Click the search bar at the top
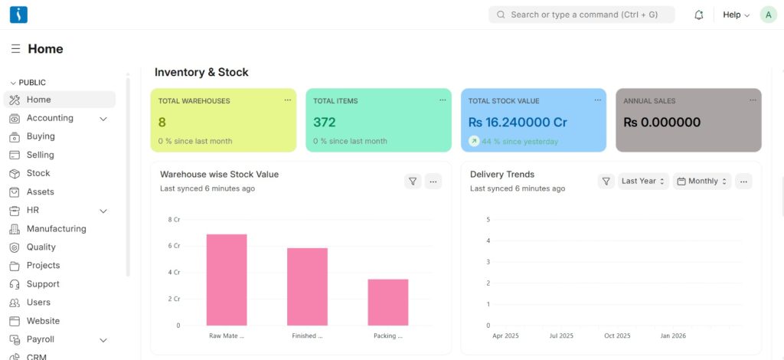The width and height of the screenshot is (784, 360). click(581, 15)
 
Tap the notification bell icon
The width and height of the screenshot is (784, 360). click(698, 15)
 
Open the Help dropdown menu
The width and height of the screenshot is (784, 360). click(736, 15)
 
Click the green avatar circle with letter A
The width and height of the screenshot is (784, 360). click(768, 15)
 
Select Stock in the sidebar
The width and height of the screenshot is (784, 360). click(38, 173)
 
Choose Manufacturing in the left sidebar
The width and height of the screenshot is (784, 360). click(56, 228)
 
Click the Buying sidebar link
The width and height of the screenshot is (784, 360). click(41, 136)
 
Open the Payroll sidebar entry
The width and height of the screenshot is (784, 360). click(41, 339)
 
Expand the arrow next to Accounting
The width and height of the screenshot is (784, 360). click(103, 119)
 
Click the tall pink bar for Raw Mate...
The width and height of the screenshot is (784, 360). click(227, 280)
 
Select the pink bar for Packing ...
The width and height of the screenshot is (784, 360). click(387, 302)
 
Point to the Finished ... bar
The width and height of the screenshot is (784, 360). click(307, 286)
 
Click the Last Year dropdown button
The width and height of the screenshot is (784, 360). click(643, 182)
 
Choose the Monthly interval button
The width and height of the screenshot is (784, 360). click(702, 182)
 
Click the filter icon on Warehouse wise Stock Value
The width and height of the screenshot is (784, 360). click(413, 182)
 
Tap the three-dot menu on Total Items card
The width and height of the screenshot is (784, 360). click(443, 100)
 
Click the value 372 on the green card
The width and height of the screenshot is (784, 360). click(325, 122)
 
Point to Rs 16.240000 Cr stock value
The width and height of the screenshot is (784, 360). click(518, 122)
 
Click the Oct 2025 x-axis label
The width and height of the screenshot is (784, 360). click(617, 335)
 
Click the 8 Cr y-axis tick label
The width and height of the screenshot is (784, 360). click(174, 220)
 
